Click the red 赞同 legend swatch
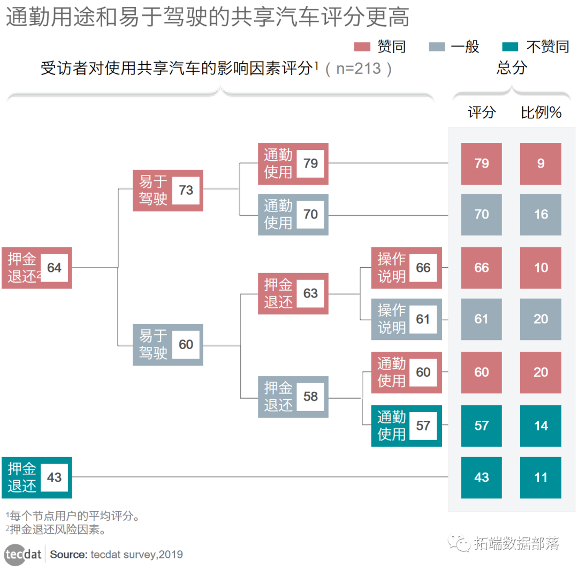[x=363, y=47]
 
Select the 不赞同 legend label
[x=547, y=47]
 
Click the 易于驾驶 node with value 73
[x=168, y=191]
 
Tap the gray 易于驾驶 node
[x=168, y=345]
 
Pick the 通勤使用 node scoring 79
[x=293, y=164]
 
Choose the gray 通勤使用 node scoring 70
[x=293, y=215]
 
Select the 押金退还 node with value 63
[x=293, y=294]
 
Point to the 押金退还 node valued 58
[x=293, y=397]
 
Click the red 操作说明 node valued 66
[x=407, y=268]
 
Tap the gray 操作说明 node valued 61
[x=407, y=320]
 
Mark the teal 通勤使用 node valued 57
[x=407, y=426]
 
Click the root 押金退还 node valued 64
[x=36, y=268]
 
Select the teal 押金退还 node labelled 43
[x=36, y=477]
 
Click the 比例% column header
[x=541, y=112]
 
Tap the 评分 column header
[x=482, y=112]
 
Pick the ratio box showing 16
[x=541, y=215]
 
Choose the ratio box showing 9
[x=541, y=164]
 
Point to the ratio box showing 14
[x=541, y=426]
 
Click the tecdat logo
[x=24, y=554]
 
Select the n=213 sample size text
[x=358, y=69]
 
